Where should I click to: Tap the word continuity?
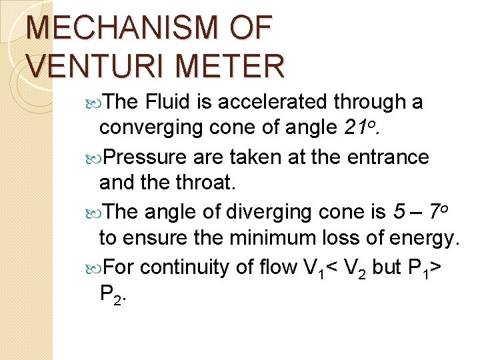pyautogui.click(x=186, y=268)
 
